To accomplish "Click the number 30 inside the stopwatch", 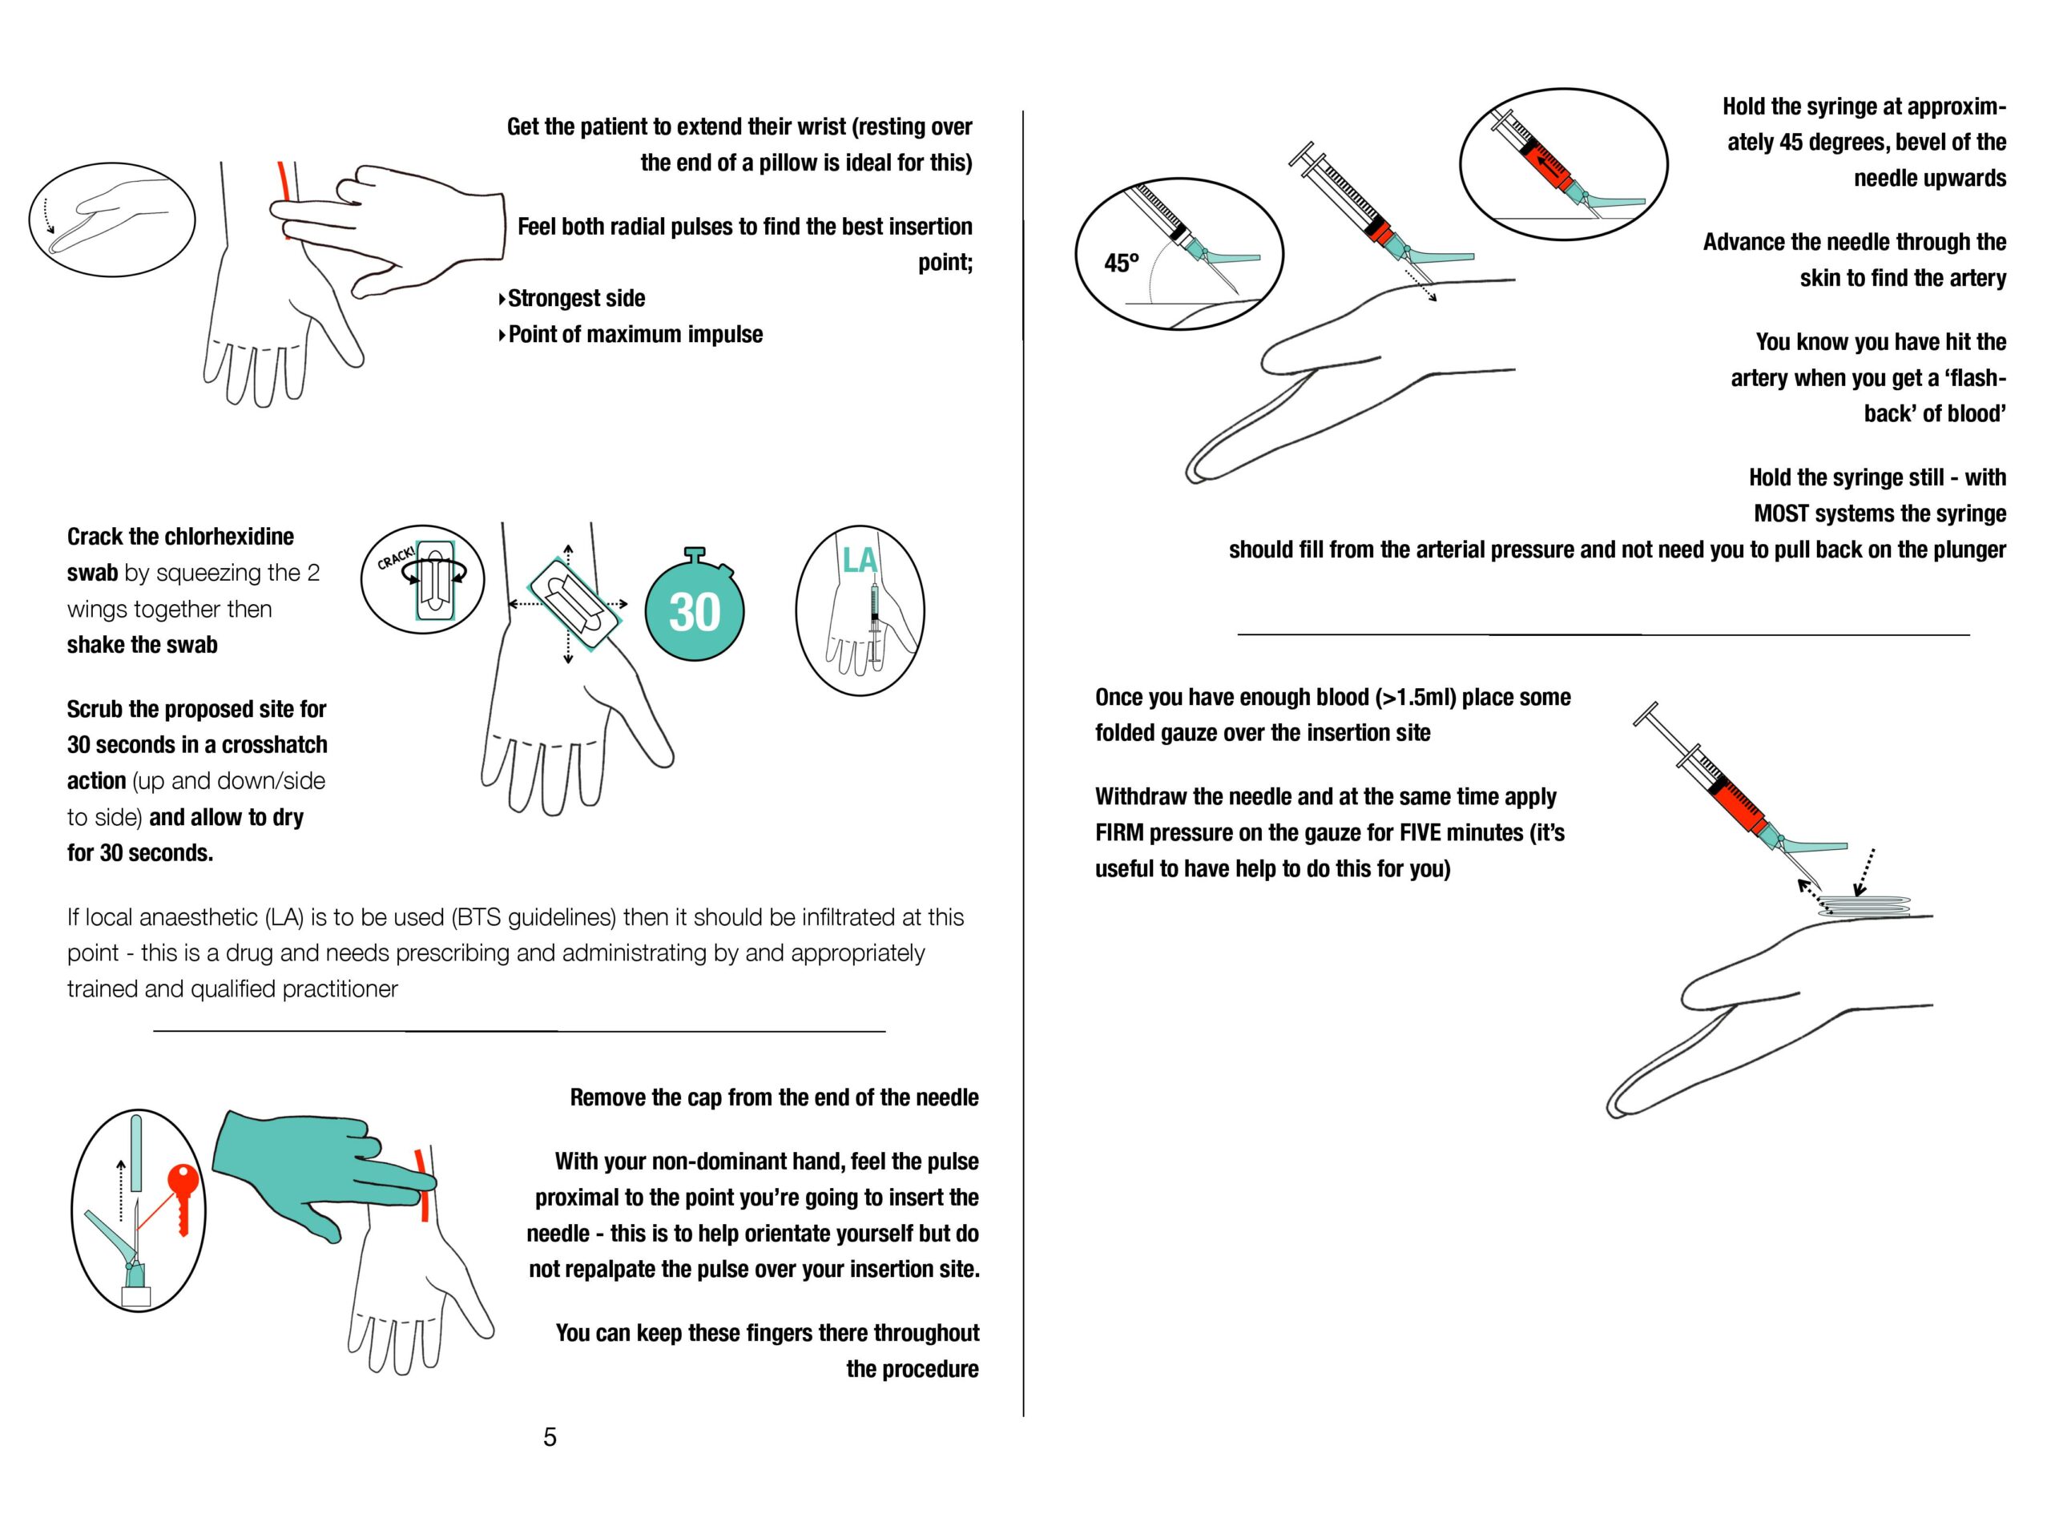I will [695, 612].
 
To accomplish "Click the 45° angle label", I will [1121, 264].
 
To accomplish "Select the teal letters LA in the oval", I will [859, 560].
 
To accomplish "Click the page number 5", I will [550, 1437].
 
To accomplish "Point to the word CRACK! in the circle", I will [396, 558].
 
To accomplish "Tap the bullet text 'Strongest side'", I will [576, 299].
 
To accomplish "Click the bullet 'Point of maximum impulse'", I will [635, 335].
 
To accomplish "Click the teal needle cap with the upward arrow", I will [137, 1153].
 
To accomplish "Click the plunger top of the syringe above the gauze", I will [1646, 715].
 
